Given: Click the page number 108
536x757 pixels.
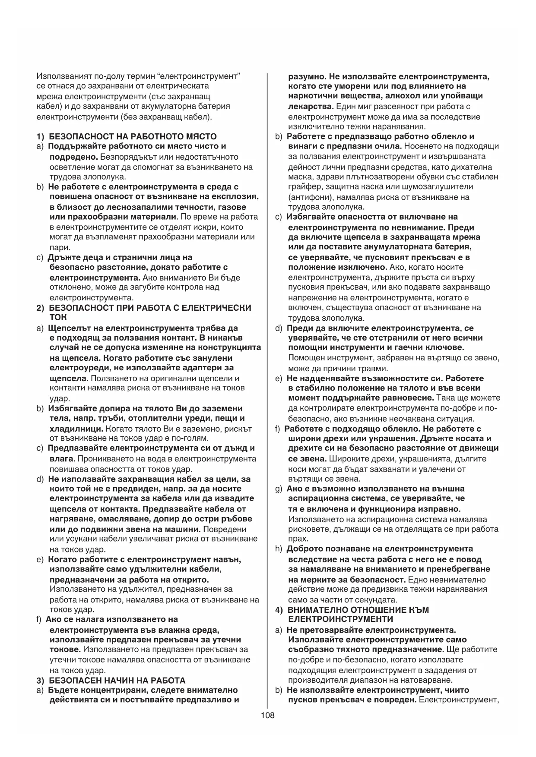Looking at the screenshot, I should [x=267, y=715].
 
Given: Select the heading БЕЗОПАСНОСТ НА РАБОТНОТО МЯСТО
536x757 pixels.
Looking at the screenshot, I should [x=133, y=136].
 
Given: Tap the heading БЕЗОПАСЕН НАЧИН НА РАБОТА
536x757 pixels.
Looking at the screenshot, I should [x=117, y=680].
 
